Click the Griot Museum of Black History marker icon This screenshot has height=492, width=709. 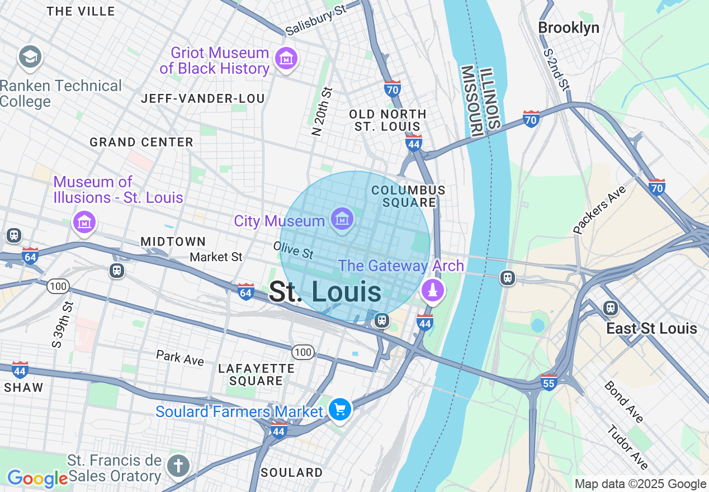point(286,58)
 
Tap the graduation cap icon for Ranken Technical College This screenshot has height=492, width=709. point(30,57)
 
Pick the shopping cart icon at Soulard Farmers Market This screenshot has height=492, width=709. point(339,410)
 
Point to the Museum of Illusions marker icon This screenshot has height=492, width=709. point(84,223)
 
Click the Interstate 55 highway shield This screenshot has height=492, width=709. point(549,382)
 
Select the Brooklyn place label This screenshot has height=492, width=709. point(568,28)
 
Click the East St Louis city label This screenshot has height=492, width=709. point(651,328)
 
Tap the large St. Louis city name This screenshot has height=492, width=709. point(325,292)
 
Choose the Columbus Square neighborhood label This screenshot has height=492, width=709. point(408,196)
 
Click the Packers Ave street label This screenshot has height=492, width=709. point(599,210)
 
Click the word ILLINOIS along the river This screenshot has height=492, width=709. point(490,98)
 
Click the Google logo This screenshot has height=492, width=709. point(37,479)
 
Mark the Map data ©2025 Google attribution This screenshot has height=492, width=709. point(640,484)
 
